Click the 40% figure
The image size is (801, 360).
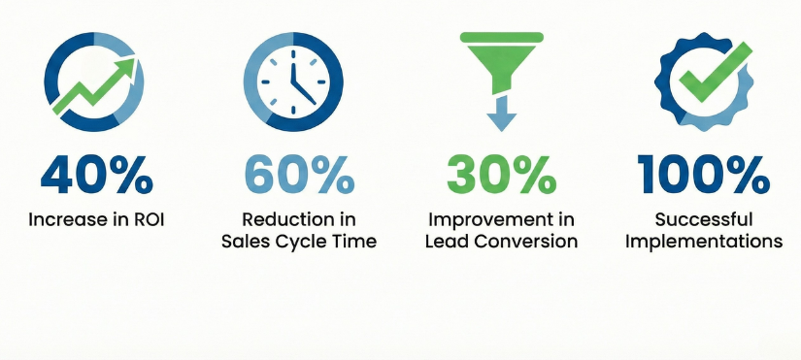pos(96,174)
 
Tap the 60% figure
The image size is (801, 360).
pos(298,174)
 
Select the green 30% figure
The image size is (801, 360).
pos(500,174)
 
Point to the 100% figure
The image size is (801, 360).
pos(703,174)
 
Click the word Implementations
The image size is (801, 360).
pos(704,241)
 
